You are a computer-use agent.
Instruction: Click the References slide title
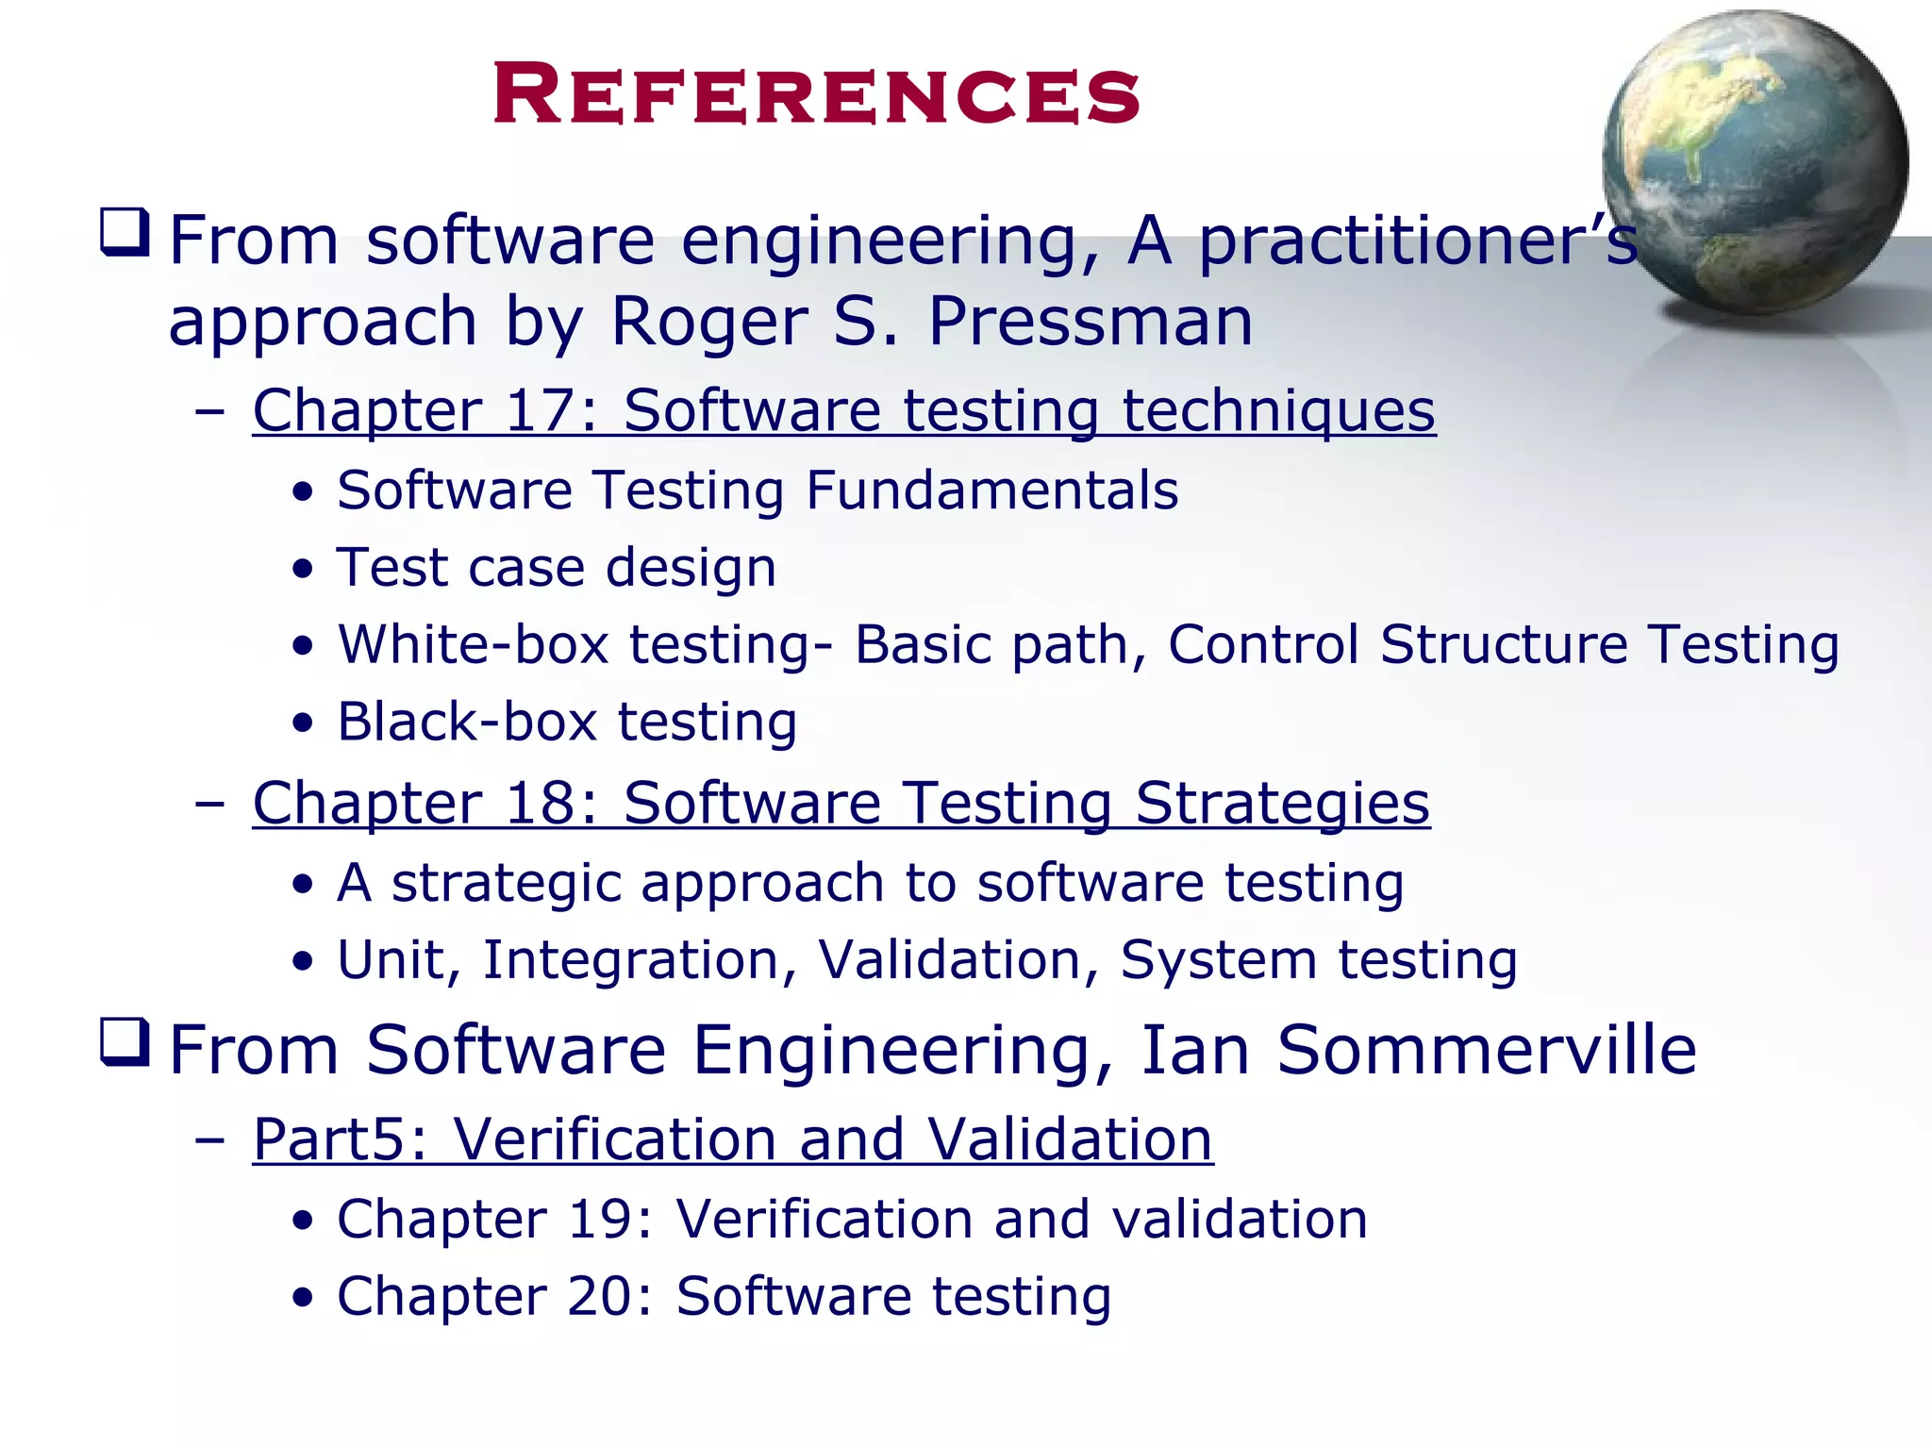click(x=816, y=94)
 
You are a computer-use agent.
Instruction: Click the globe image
click(x=1755, y=162)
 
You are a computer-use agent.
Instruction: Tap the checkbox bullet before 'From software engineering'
click(x=125, y=233)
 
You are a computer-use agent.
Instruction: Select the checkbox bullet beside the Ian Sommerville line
click(x=125, y=1042)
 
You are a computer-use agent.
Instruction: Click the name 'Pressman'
click(x=1091, y=322)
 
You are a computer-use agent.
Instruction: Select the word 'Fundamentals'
click(x=991, y=490)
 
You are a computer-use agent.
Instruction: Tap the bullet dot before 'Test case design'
click(x=302, y=569)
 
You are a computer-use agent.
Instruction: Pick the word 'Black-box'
click(x=467, y=723)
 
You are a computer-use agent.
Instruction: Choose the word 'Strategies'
click(x=1282, y=805)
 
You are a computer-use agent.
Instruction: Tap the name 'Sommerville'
click(x=1486, y=1050)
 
